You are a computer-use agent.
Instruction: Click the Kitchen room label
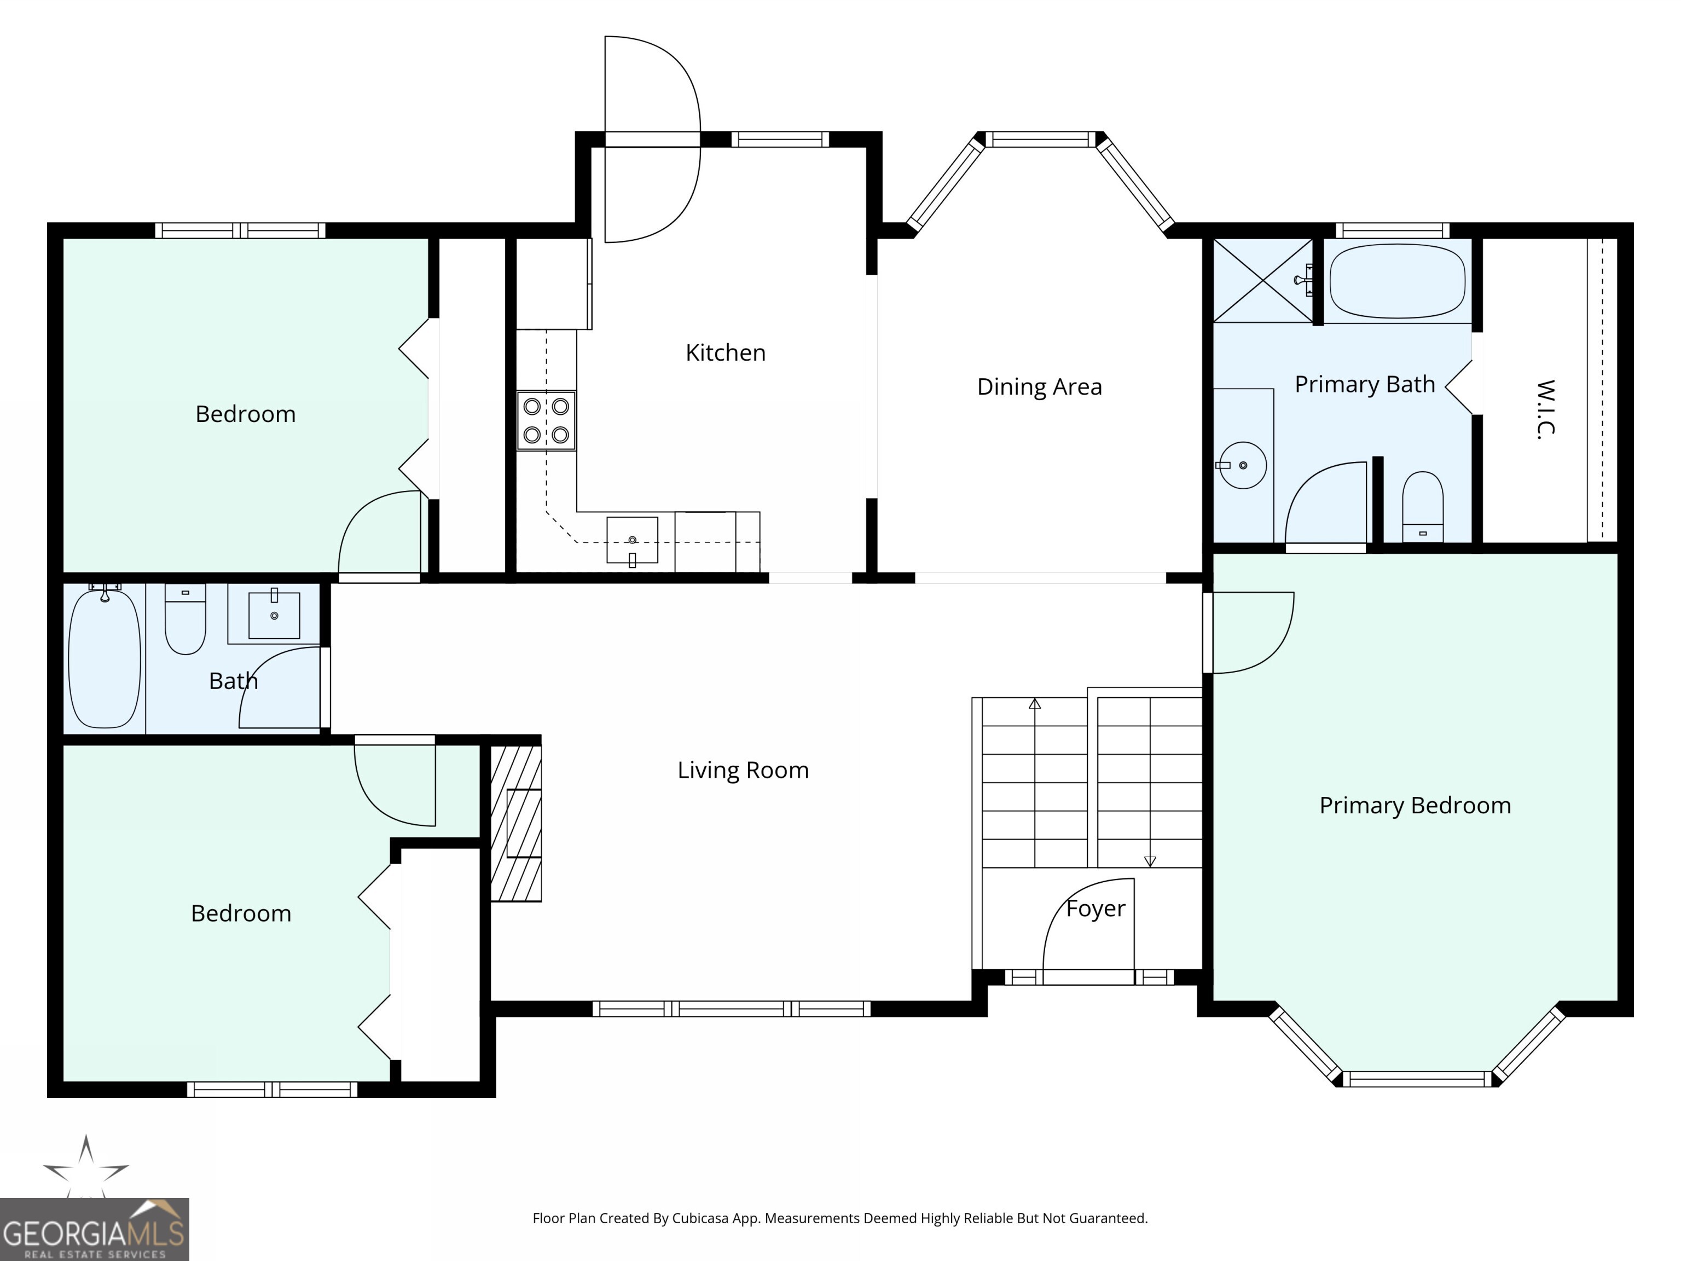click(x=725, y=352)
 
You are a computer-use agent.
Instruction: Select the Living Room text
click(x=743, y=771)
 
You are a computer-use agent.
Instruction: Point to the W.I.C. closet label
click(x=1545, y=410)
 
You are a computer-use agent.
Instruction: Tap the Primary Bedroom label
click(x=1415, y=806)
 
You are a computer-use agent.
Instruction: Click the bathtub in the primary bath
click(x=1397, y=280)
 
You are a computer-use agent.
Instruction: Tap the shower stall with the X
click(x=1263, y=280)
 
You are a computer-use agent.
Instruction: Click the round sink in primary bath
click(x=1242, y=465)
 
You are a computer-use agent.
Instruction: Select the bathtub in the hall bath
click(x=105, y=657)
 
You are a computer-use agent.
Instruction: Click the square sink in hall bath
click(x=274, y=614)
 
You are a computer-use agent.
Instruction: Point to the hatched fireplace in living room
click(x=516, y=824)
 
